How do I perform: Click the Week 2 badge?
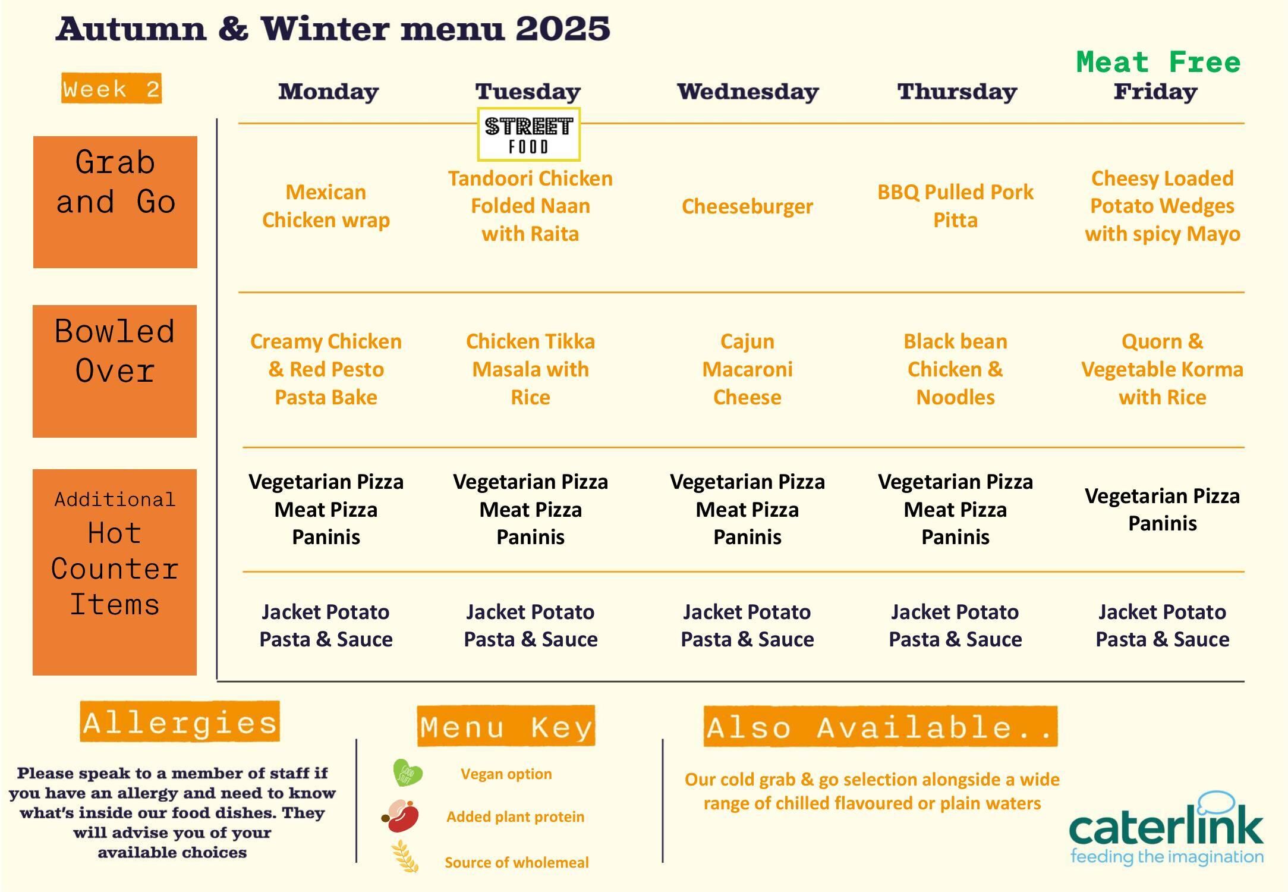(111, 89)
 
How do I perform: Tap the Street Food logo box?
(528, 134)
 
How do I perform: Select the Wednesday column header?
(748, 92)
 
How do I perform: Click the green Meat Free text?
(1158, 62)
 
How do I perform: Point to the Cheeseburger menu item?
(747, 206)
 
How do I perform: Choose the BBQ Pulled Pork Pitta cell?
(955, 206)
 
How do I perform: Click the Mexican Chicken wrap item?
(326, 206)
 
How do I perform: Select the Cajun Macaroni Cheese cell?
(747, 369)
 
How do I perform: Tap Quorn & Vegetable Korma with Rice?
(1162, 369)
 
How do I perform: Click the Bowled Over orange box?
(115, 371)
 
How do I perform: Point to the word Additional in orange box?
(115, 499)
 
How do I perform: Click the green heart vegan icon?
(407, 773)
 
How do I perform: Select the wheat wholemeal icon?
(405, 857)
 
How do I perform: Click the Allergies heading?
(179, 722)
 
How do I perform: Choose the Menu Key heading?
(506, 726)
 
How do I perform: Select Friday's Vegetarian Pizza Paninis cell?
(1162, 509)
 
